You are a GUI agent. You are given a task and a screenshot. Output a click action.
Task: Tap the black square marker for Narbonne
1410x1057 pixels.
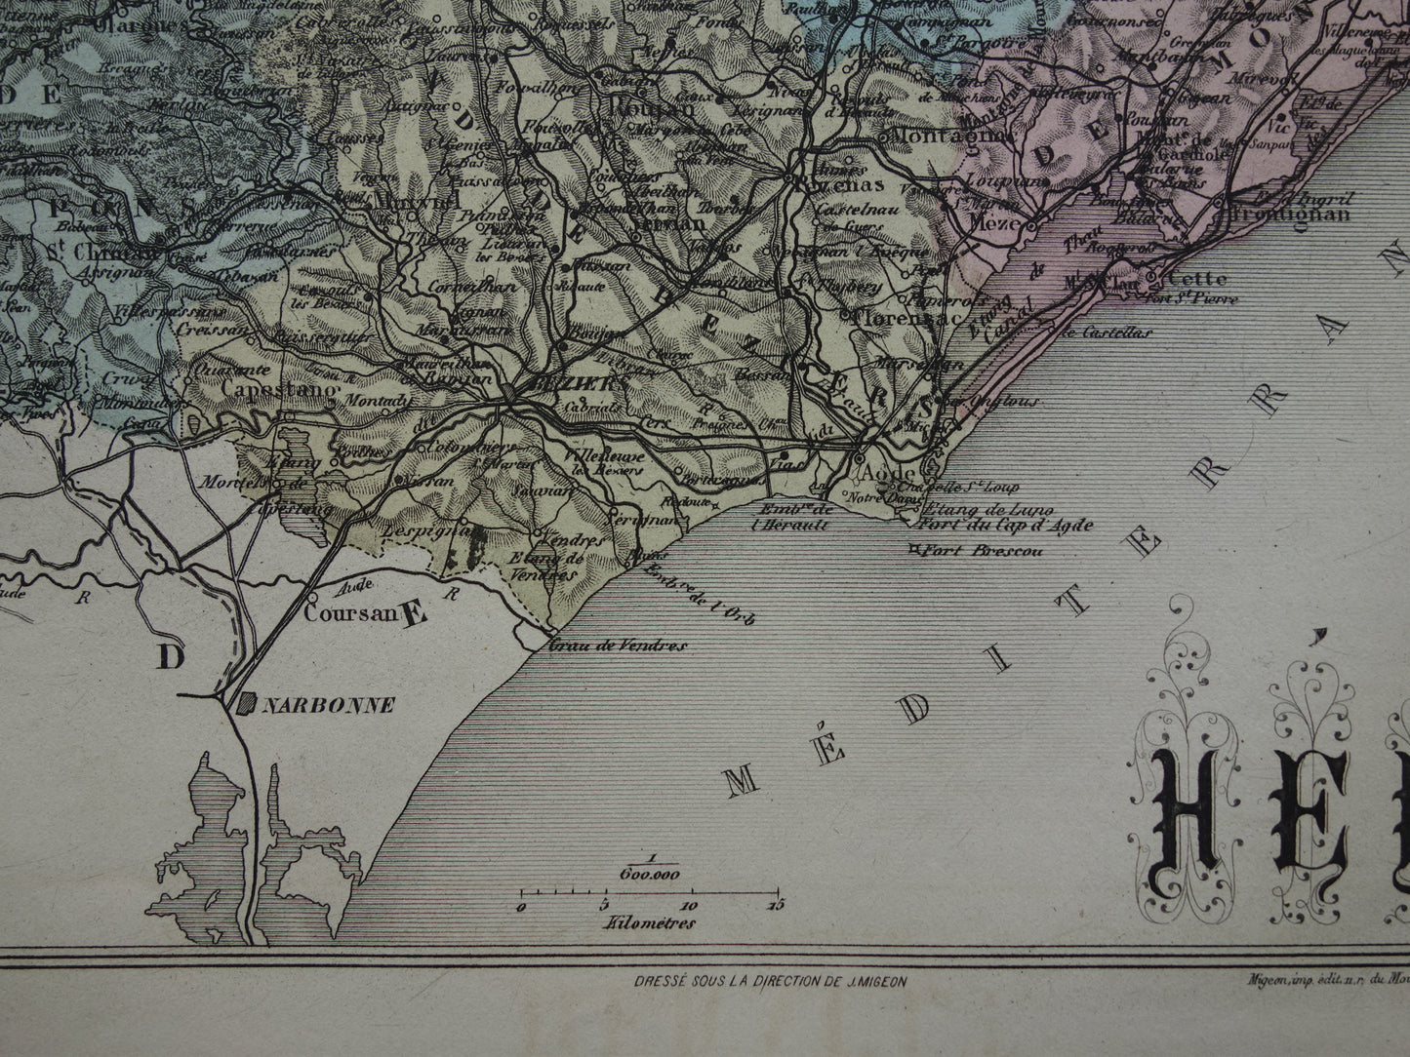click(x=248, y=702)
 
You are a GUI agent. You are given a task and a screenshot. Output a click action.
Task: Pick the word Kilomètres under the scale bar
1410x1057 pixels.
click(x=649, y=922)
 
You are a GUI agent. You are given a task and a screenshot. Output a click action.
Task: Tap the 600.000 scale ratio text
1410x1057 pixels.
click(x=649, y=874)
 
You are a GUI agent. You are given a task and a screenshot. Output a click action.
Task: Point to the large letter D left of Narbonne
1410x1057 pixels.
click(x=171, y=658)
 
